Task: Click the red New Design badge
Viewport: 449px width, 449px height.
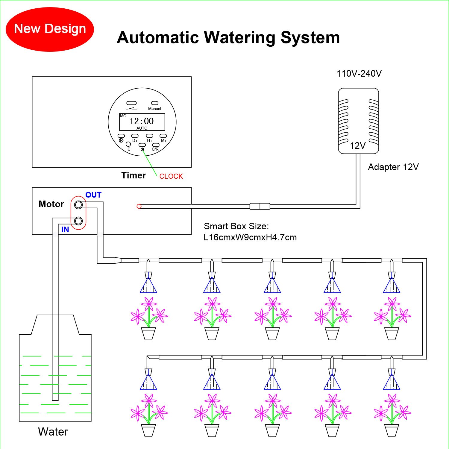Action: coord(50,29)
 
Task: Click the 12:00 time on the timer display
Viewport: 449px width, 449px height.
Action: coord(142,121)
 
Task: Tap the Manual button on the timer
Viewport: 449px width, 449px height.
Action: coord(154,103)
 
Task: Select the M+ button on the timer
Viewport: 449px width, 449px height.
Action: coord(163,136)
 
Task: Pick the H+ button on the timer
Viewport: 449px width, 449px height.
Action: coord(149,136)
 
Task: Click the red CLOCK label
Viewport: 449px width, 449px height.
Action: coord(171,176)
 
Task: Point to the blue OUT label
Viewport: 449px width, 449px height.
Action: coord(93,195)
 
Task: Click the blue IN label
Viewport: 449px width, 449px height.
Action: coord(65,230)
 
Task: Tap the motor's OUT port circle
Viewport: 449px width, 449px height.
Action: coord(78,205)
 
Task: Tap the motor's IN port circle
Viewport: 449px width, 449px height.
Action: coord(78,221)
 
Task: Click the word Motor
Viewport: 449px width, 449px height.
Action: coord(51,204)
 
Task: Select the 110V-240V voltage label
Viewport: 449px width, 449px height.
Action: coord(359,74)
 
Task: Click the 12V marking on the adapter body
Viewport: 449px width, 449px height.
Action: coord(358,146)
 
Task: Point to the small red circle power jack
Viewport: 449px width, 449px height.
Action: coord(139,206)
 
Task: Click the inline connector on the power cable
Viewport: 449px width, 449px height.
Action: coord(260,206)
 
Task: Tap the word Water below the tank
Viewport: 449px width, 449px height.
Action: coord(53,432)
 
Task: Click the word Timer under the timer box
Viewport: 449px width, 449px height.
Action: coord(134,175)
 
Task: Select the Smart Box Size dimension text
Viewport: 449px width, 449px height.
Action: coord(250,232)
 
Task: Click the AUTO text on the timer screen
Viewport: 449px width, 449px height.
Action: coord(142,128)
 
